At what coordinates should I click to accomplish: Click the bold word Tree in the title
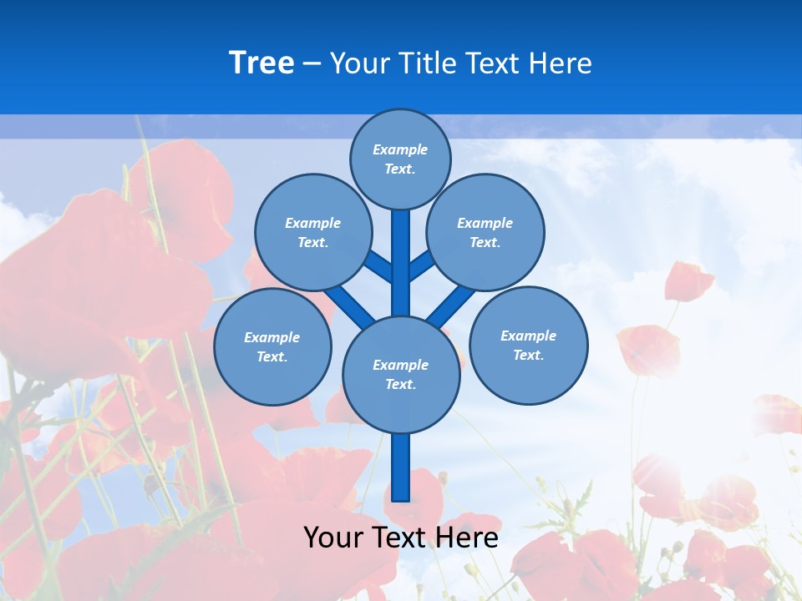(x=261, y=63)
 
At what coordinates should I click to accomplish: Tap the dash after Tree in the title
(x=312, y=64)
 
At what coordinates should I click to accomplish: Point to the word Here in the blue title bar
(x=561, y=63)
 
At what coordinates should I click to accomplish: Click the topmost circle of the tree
(x=400, y=159)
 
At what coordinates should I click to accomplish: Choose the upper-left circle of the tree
(x=312, y=232)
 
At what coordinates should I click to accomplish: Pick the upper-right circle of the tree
(x=485, y=232)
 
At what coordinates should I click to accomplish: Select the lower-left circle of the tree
(x=272, y=346)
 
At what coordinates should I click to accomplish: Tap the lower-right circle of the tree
(x=528, y=345)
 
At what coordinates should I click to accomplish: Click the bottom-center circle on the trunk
(x=401, y=374)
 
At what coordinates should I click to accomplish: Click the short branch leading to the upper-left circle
(x=379, y=267)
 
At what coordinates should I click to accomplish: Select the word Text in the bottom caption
(x=401, y=538)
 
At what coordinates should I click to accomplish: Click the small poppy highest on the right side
(x=688, y=280)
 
